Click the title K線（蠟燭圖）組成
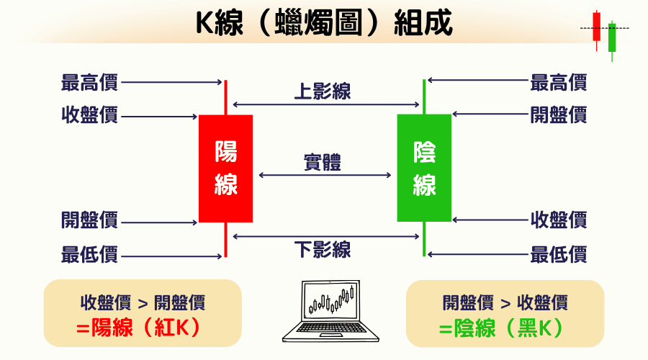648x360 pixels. (x=325, y=23)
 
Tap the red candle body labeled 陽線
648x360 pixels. (x=225, y=168)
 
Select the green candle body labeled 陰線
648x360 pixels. (x=424, y=168)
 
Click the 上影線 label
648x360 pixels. (x=323, y=91)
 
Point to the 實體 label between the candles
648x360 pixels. (x=323, y=162)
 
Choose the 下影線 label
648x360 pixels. (x=323, y=250)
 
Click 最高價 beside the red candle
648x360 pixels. (x=90, y=82)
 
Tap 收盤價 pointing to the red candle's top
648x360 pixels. (x=90, y=114)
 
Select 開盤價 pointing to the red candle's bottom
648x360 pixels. (x=90, y=220)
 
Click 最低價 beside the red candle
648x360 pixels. (x=90, y=254)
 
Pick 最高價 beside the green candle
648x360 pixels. (x=559, y=82)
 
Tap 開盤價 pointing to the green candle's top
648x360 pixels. (x=559, y=114)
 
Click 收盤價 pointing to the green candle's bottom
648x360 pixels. (x=559, y=220)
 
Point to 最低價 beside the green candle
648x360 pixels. (x=559, y=254)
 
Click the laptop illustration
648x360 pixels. (x=330, y=311)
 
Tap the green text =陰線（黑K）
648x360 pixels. (x=501, y=328)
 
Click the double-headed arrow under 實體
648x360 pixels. (x=325, y=175)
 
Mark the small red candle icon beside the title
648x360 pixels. (x=596, y=30)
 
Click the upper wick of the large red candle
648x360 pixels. (x=225, y=97)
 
